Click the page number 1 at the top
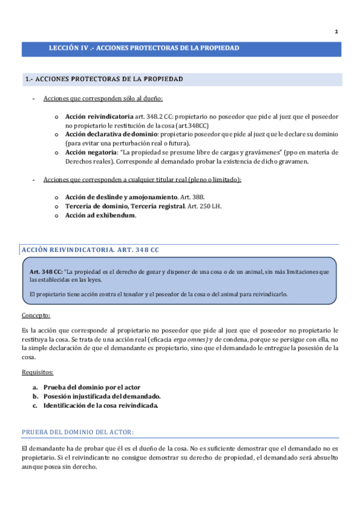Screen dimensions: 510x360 [336, 31]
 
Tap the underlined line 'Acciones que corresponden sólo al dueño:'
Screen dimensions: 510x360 [103, 98]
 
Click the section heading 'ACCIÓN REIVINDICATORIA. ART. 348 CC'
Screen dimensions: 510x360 [90, 249]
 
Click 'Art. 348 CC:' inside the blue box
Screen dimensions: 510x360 [46, 272]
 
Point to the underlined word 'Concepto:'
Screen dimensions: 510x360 [36, 315]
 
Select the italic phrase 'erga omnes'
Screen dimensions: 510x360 [192, 340]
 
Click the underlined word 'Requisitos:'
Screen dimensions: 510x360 [37, 372]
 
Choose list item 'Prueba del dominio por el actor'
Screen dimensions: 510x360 [91, 387]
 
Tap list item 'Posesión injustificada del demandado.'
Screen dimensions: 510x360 [102, 396]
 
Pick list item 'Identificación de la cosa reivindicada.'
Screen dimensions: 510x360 [100, 405]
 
